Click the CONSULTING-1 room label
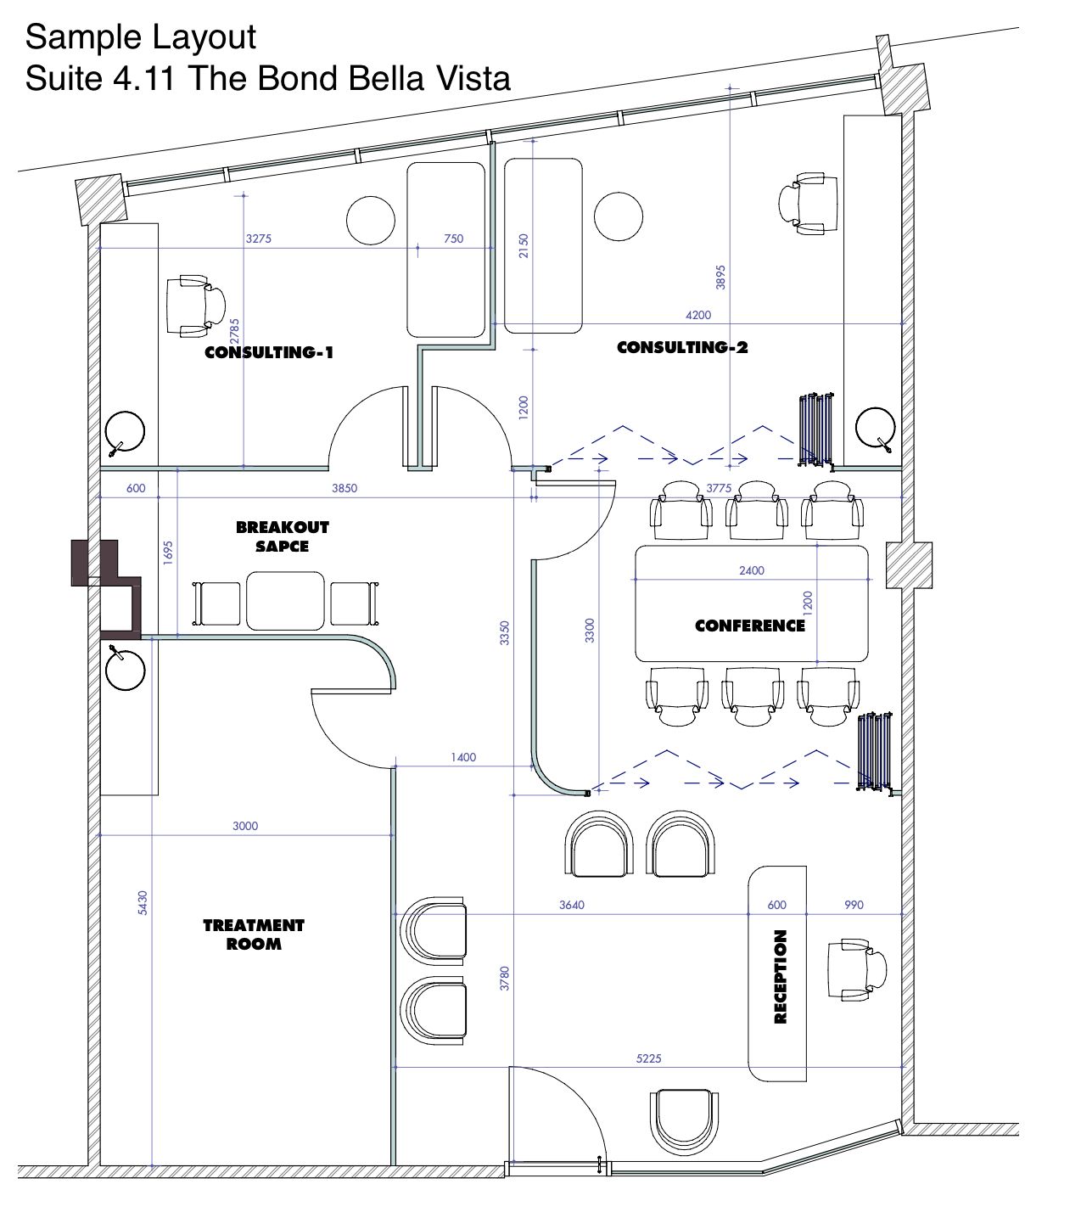[269, 352]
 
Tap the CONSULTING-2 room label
[682, 348]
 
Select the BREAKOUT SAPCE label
[283, 537]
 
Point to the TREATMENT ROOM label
[254, 934]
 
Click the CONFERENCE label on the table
[750, 626]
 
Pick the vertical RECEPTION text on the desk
[780, 977]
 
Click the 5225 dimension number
[648, 1058]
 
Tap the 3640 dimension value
[571, 905]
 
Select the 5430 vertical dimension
[143, 902]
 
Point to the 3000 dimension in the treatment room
[245, 826]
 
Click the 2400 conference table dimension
[752, 570]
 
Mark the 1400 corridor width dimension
[463, 757]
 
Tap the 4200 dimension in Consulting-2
[698, 315]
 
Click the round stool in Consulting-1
[371, 220]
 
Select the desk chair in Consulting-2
[808, 203]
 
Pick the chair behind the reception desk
[857, 969]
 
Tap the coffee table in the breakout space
[285, 601]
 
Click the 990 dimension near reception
[854, 905]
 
